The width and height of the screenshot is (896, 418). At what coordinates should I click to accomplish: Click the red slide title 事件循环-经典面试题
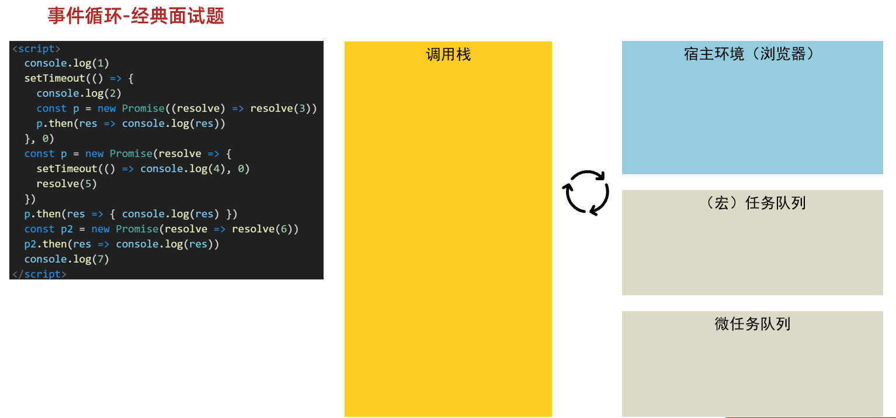click(136, 16)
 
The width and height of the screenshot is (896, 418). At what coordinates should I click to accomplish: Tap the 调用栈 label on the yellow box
click(449, 54)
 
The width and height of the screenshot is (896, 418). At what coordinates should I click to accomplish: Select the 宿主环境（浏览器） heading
click(749, 54)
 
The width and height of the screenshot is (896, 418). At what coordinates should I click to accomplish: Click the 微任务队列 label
click(752, 324)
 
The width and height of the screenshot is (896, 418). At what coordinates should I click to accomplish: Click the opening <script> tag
click(36, 49)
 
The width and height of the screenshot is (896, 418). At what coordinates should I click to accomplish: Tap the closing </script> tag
click(39, 274)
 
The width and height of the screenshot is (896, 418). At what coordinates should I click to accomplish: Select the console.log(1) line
click(67, 63)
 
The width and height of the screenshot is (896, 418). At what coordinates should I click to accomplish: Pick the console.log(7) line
click(67, 260)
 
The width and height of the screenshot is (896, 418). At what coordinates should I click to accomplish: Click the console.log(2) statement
click(79, 94)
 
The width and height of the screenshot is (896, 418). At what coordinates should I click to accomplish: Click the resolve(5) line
click(67, 184)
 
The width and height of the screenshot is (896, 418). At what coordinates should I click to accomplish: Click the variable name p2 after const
click(67, 229)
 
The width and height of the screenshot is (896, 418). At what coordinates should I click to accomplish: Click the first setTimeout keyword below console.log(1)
click(55, 78)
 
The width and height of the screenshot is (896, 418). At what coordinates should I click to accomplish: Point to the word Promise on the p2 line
click(137, 229)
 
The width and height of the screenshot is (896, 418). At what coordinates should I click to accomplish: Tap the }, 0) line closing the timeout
click(39, 139)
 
